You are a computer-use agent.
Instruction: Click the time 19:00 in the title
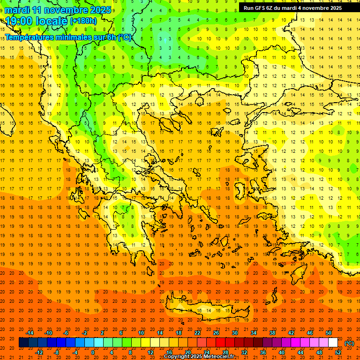(x=20, y=21)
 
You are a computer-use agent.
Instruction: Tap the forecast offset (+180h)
(x=83, y=21)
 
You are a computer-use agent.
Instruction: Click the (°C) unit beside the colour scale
(x=349, y=343)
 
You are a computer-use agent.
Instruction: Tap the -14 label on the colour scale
(x=30, y=333)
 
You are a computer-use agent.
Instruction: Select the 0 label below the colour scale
(x=93, y=352)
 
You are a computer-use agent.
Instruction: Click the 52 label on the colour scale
(x=337, y=352)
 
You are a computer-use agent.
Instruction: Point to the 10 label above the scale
(x=141, y=333)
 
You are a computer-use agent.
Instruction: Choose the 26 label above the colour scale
(x=216, y=333)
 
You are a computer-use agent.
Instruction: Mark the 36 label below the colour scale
(x=262, y=352)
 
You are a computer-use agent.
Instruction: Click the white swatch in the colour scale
(x=333, y=343)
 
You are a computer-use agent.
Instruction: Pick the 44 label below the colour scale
(x=300, y=352)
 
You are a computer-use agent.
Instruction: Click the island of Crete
(x=202, y=310)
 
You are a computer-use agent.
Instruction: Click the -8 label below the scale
(x=56, y=352)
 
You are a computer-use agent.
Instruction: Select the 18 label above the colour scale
(x=179, y=333)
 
